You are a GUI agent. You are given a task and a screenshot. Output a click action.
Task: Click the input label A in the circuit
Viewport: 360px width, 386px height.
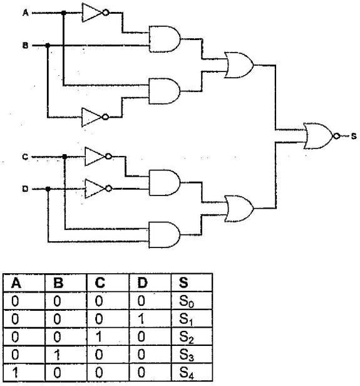tap(25, 13)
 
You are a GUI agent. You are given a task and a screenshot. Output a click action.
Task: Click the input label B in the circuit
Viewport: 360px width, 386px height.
tap(25, 46)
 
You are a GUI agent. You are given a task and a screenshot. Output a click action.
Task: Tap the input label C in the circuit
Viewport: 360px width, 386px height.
tap(25, 157)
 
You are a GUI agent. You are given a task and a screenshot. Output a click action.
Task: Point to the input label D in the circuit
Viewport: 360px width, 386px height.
tap(25, 189)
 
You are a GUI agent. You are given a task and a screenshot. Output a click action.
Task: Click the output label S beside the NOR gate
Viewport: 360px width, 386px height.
tap(354, 136)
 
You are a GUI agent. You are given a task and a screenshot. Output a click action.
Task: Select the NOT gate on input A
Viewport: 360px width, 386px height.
tap(95, 13)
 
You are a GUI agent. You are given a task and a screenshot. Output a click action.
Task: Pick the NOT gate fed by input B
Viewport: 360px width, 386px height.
tap(95, 117)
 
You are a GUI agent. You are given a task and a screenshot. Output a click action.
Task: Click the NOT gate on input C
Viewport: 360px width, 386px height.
tap(98, 156)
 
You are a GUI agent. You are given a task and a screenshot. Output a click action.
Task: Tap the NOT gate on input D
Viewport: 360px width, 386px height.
tap(98, 189)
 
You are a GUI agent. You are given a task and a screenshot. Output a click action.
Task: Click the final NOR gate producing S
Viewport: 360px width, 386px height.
tap(322, 136)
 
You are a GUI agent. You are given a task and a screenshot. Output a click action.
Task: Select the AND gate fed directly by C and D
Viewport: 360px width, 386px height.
tap(164, 235)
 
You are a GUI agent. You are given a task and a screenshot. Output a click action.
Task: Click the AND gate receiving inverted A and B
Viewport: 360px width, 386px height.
tap(165, 39)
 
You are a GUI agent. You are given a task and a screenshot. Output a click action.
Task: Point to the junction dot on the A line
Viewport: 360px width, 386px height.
tap(63, 13)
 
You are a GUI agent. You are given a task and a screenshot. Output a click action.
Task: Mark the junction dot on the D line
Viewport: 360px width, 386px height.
tap(48, 189)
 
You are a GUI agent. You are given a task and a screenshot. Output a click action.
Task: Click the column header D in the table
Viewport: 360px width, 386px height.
tap(142, 283)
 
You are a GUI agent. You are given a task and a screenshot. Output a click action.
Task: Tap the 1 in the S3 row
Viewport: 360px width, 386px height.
tap(57, 355)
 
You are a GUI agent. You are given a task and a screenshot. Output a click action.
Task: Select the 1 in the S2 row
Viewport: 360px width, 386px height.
tap(99, 337)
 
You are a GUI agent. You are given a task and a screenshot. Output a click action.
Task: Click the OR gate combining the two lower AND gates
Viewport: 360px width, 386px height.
tap(239, 209)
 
